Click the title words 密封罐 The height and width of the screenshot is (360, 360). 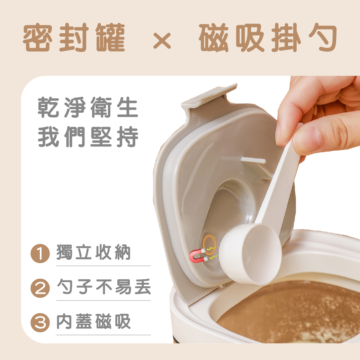74,37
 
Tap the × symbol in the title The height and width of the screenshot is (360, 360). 162,40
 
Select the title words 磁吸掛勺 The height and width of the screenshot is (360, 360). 268,37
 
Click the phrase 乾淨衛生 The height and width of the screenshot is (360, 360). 88,107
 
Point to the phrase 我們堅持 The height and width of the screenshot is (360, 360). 88,137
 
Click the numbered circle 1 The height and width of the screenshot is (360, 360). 40,253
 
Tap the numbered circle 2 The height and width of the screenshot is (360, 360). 40,288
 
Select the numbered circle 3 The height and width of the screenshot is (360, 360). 40,323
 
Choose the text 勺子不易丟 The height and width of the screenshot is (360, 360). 104,287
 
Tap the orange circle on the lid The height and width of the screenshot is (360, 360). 209,245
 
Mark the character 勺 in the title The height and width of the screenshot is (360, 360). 323,37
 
